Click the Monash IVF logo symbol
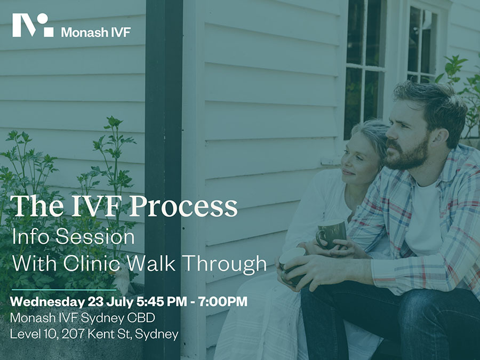click(33, 25)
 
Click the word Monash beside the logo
click(85, 32)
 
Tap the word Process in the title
click(183, 206)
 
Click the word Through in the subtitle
click(226, 264)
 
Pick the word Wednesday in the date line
click(47, 302)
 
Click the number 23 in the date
click(95, 301)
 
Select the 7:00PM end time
click(222, 301)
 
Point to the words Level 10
click(34, 334)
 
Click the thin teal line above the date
click(64, 290)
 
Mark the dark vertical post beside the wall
click(164, 180)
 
